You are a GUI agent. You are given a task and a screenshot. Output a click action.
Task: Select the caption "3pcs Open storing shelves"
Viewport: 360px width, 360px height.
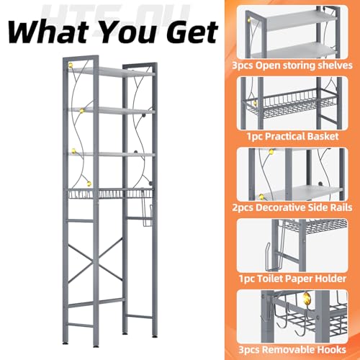[292, 66]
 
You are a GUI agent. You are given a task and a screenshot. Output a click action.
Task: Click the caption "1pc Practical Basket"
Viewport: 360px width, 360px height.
[292, 136]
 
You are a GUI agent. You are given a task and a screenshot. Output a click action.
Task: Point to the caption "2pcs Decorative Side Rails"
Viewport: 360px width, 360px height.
[292, 207]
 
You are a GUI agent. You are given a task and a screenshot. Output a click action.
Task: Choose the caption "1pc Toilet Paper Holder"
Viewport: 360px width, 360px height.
[292, 279]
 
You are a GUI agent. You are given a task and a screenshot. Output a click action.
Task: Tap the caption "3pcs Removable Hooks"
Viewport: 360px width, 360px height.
[292, 349]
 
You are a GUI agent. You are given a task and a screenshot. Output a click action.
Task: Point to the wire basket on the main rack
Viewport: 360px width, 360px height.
[110, 194]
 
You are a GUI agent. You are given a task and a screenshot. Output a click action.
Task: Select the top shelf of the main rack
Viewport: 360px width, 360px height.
[112, 71]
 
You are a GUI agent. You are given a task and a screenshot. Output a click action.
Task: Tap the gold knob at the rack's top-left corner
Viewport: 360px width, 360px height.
[71, 66]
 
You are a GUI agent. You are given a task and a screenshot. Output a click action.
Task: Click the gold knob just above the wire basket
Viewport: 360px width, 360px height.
[89, 184]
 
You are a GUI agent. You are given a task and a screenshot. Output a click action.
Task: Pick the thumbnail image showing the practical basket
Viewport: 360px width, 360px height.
[292, 103]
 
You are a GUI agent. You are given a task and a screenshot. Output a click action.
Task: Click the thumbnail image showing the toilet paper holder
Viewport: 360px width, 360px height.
[292, 246]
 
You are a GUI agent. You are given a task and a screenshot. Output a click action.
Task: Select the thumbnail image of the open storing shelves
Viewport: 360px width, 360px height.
[292, 32]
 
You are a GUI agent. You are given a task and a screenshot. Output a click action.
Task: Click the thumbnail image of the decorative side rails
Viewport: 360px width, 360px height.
[292, 174]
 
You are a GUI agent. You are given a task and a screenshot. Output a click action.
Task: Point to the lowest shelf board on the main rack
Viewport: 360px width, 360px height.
[112, 154]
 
